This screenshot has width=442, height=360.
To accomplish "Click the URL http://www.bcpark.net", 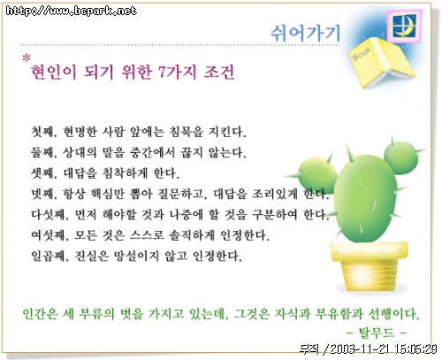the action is coord(72,11).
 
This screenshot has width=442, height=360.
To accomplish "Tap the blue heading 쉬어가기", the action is coord(305,32).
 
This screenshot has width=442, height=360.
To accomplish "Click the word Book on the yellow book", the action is coord(362,53).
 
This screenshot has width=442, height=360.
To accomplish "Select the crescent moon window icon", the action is coord(405,26).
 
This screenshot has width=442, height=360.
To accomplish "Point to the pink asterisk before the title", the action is coord(27,57).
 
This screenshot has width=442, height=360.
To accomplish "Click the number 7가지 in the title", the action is coord(177,72).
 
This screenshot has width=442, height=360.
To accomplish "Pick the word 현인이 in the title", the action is coord(54,72).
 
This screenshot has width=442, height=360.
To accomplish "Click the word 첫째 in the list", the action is coord(43,132).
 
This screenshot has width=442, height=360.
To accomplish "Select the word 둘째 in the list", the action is coord(43,152).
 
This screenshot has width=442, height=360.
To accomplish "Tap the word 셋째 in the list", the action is coord(43,173).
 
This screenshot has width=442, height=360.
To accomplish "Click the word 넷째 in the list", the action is coord(43,194).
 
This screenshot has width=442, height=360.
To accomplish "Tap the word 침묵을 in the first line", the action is coord(186,132).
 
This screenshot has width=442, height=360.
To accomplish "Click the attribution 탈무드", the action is coord(377,333).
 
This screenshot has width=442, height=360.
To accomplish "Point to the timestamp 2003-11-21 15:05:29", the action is coord(384,349).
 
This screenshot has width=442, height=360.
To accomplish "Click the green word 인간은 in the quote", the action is coord(40,314).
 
